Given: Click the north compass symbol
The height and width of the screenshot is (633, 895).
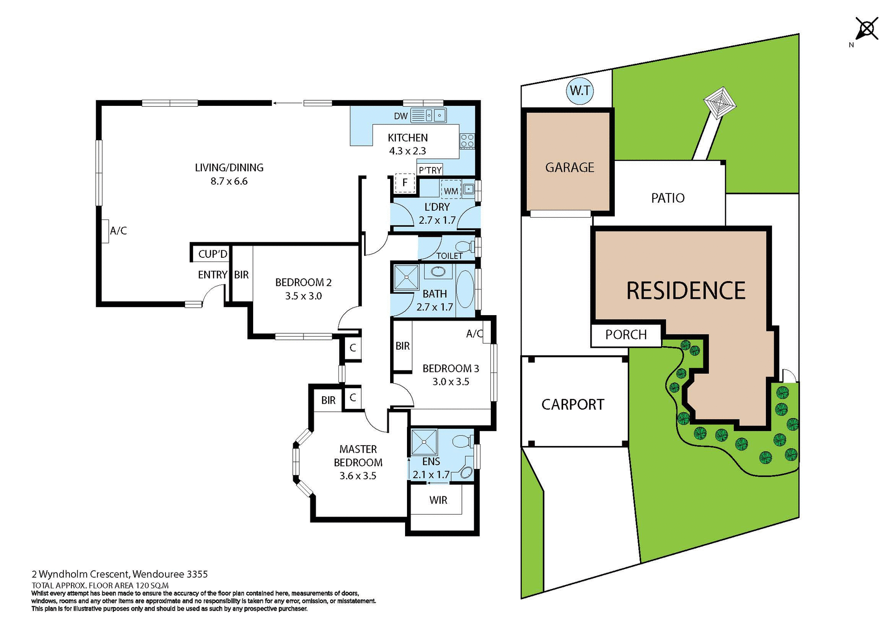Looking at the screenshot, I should (x=867, y=29).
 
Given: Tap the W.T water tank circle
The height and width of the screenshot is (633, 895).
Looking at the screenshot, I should (x=580, y=90).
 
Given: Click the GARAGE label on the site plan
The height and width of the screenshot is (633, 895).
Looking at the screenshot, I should (x=569, y=167).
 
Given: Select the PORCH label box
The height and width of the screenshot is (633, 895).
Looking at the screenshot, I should (x=626, y=335).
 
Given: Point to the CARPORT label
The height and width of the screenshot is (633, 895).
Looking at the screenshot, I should (x=572, y=404).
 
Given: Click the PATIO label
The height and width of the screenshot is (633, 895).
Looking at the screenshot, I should (x=668, y=198).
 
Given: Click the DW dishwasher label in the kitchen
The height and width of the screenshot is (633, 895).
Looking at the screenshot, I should (x=400, y=116).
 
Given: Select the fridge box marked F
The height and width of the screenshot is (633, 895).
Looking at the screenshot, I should (x=405, y=182).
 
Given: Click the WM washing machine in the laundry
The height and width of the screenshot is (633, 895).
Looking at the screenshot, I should (x=450, y=190).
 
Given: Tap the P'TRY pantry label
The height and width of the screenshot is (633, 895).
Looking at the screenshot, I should (x=430, y=170).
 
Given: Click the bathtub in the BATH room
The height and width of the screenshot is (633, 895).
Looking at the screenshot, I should (x=465, y=289).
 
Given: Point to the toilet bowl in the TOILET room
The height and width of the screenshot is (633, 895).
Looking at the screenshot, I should (x=463, y=246).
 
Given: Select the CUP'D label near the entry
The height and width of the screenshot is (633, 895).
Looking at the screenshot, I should (x=213, y=254).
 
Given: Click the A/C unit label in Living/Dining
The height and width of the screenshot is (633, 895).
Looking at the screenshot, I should (x=118, y=231).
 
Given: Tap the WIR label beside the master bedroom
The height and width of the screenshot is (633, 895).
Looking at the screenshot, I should (x=438, y=500).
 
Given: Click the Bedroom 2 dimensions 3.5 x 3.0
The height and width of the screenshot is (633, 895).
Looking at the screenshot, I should (x=303, y=296).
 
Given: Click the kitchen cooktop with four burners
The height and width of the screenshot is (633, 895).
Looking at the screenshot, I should (x=467, y=141).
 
